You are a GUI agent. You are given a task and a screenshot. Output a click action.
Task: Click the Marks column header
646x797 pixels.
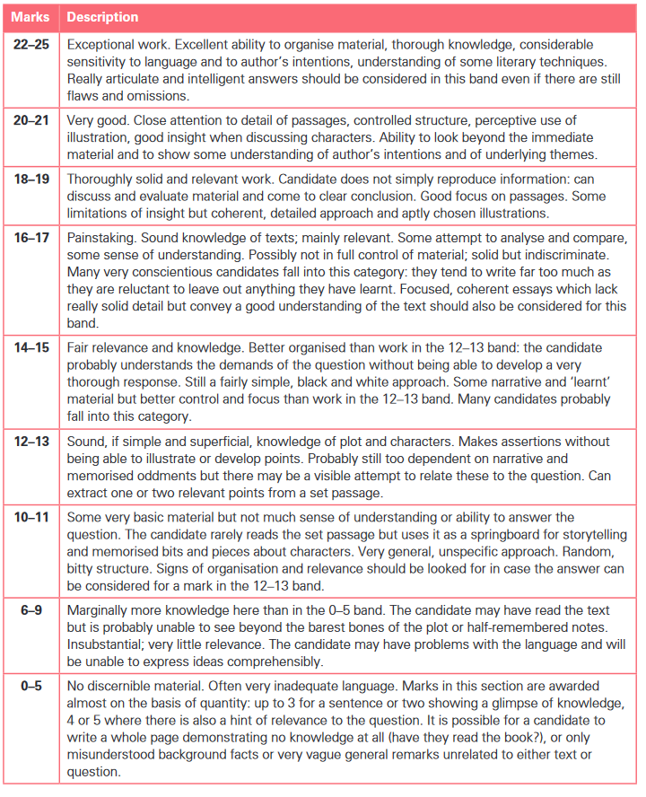click(x=31, y=17)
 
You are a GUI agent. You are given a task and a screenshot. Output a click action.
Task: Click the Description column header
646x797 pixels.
click(x=103, y=17)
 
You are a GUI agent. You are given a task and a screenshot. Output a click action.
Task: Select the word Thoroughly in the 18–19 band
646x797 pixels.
click(x=102, y=179)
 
